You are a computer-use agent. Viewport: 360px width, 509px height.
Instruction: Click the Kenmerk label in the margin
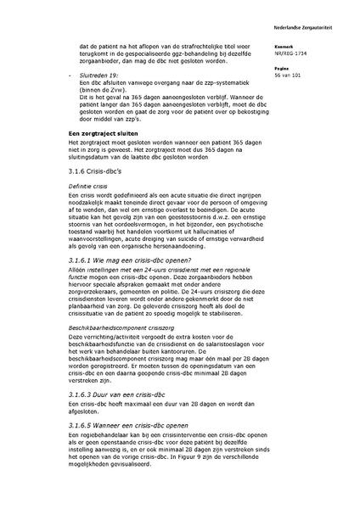click(x=284, y=47)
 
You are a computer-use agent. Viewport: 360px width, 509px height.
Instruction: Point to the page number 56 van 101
click(x=289, y=76)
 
